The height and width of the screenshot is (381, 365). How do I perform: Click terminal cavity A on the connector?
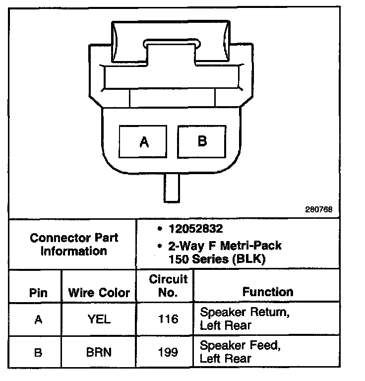144,142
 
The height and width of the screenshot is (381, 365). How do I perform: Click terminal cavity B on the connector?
202,141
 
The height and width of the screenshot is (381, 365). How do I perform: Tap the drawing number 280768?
319,209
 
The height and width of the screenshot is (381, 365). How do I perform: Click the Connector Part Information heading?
74,244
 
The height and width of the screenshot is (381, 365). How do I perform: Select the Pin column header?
38,293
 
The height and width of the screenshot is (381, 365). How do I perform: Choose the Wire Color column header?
99,293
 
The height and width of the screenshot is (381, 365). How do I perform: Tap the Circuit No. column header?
169,286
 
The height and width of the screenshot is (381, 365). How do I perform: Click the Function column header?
268,292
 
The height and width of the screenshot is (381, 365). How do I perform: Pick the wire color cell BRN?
99,353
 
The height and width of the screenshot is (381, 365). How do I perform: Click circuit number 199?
169,353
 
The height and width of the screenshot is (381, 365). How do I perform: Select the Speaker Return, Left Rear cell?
244,319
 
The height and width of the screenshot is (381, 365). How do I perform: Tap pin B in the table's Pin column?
38,353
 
